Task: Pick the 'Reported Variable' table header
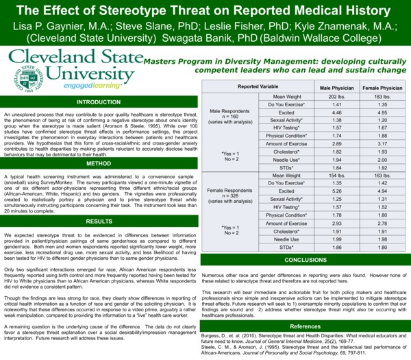coord(258,88)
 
